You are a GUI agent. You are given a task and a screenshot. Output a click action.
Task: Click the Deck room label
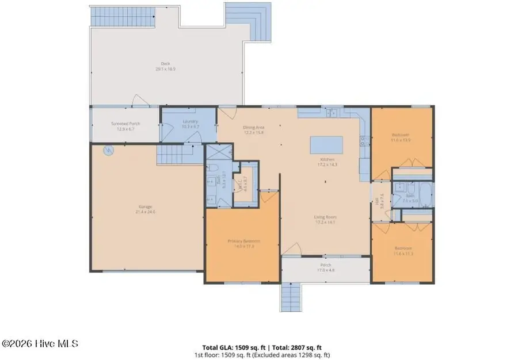(x=166, y=66)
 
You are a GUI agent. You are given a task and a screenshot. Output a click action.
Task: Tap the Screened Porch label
(x=125, y=126)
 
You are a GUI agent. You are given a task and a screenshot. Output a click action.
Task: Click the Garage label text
(x=145, y=209)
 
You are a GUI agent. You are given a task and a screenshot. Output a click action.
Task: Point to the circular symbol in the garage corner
(x=108, y=151)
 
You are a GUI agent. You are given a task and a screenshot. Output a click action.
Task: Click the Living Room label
(x=325, y=219)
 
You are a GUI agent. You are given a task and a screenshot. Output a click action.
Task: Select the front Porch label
(x=325, y=268)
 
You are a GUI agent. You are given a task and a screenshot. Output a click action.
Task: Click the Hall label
(x=378, y=202)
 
